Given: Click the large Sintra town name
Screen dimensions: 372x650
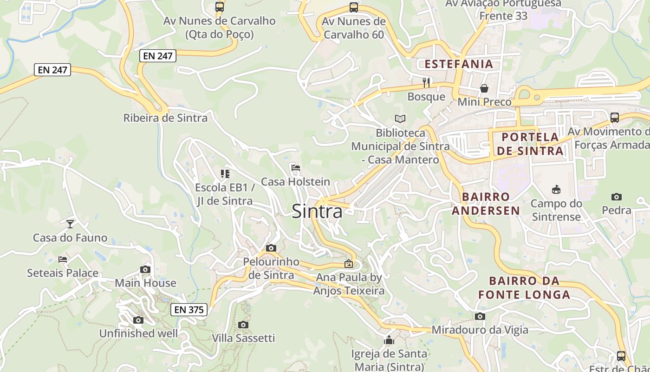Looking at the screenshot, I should [317, 212].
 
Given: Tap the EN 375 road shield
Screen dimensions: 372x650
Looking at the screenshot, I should [188, 309].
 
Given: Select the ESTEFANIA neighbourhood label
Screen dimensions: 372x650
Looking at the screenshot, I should [459, 64].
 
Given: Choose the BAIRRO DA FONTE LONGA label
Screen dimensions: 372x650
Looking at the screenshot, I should [524, 287].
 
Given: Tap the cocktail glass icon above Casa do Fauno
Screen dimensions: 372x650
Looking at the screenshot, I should [70, 224].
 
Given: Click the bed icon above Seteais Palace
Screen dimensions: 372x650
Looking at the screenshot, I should [63, 259].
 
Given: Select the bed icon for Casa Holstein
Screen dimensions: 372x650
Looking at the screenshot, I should [295, 168].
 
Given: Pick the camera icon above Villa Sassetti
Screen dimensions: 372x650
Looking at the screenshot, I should [243, 325].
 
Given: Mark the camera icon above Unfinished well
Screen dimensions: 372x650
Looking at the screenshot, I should [138, 320].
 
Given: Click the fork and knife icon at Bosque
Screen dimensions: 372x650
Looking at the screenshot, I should [426, 83].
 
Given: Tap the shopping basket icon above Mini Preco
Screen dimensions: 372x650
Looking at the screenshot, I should [484, 88].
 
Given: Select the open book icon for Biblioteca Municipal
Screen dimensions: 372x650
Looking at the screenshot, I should [400, 119].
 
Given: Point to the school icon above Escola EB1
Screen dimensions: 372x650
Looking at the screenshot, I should [225, 174].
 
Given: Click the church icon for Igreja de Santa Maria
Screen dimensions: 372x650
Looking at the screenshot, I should [389, 340].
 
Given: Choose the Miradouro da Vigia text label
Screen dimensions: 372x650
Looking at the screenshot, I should [480, 330].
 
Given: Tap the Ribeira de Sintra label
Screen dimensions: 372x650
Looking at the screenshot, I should [165, 118].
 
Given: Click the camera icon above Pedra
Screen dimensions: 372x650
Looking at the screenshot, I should [617, 197].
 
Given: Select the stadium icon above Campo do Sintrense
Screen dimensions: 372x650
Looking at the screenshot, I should [556, 189].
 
